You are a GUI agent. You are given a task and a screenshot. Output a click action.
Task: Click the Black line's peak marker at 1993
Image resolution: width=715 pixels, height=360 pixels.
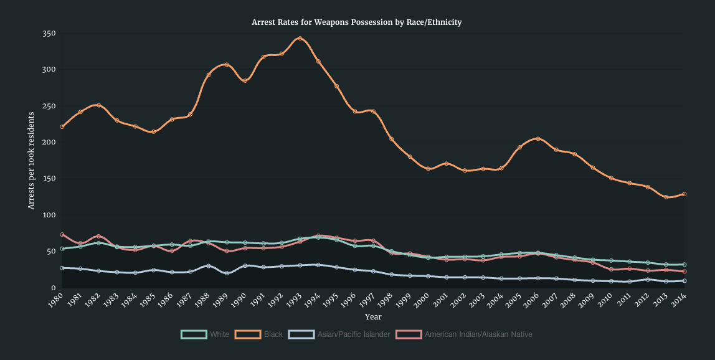[300, 38]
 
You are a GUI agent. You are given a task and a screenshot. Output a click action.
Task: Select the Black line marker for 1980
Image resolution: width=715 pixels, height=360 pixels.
[62, 127]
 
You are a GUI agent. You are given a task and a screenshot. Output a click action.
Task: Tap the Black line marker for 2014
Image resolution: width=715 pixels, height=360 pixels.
[684, 194]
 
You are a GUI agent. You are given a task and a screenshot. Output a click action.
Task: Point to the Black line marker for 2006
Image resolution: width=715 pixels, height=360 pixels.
[538, 139]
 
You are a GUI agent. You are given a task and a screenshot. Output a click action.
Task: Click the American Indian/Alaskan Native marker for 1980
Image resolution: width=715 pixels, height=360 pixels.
[62, 235]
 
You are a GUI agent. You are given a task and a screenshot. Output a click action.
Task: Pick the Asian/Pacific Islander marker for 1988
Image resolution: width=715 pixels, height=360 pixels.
[208, 266]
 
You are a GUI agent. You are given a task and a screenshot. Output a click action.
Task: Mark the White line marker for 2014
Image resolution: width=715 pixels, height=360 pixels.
[684, 265]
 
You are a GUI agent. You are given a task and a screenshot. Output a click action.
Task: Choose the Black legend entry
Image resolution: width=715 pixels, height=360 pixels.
[259, 334]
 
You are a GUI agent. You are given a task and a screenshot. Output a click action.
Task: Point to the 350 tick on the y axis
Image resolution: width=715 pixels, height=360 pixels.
[49, 33]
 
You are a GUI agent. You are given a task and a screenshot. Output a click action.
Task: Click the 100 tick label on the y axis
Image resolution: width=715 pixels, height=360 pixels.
[49, 215]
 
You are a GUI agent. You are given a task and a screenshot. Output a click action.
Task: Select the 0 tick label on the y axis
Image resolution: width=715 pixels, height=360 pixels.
[53, 288]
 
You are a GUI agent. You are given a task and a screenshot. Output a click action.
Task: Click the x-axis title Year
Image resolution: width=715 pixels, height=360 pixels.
[373, 317]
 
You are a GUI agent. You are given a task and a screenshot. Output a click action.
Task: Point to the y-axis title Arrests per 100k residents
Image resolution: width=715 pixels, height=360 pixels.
[31, 160]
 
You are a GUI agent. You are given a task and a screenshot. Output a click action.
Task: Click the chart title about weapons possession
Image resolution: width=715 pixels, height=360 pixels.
[356, 22]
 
